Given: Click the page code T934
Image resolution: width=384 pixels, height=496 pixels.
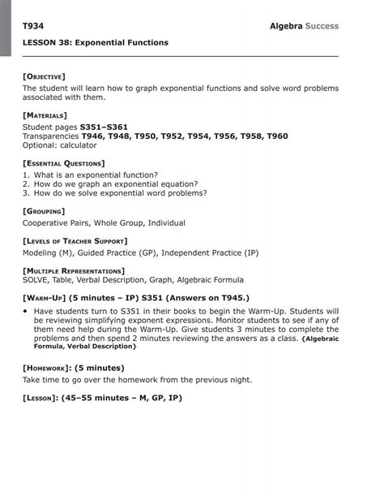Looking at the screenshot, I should (33, 27).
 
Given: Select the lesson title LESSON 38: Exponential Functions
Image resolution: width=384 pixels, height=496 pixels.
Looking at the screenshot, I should (96, 42).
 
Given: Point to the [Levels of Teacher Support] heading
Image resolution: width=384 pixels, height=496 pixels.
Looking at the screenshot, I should (75, 241).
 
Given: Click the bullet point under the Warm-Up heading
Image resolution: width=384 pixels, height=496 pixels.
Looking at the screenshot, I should (26, 311).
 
